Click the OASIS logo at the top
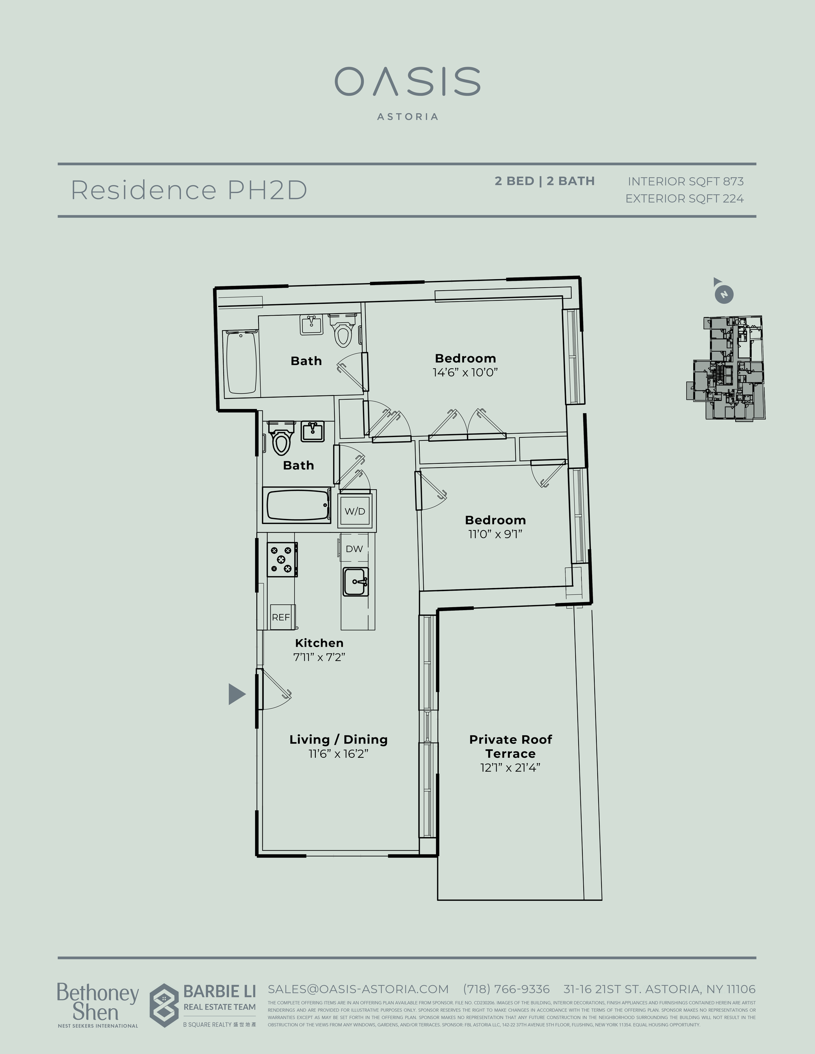[x=407, y=82]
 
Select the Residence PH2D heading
[x=189, y=190]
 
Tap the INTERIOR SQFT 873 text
[x=685, y=182]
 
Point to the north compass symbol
[x=723, y=294]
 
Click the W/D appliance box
[x=355, y=511]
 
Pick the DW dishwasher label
[x=354, y=549]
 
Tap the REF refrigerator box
[x=281, y=617]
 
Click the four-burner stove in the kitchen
[x=282, y=559]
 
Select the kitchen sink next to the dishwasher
[x=355, y=582]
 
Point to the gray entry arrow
[x=236, y=694]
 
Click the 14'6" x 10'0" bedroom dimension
[x=465, y=373]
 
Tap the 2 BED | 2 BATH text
[x=544, y=181]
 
